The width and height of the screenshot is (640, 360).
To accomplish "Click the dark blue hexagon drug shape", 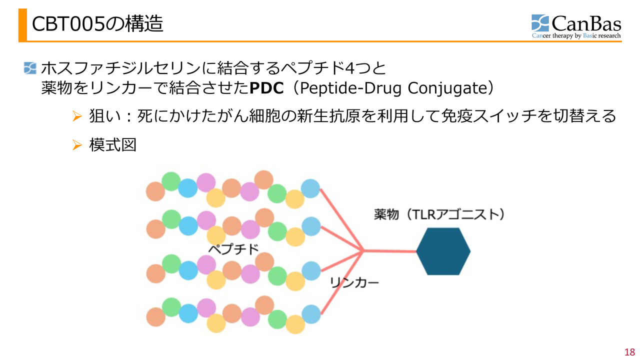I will tap(443, 251).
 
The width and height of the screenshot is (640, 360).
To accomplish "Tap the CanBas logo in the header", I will tap(576, 26).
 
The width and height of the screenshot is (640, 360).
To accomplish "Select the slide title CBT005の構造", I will tap(97, 24).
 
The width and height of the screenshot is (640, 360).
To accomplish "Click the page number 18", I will tap(629, 351).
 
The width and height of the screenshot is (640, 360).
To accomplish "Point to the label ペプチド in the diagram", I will tap(233, 248).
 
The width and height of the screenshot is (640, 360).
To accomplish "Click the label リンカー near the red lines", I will tap(354, 283).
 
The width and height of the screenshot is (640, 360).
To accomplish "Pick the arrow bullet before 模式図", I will tap(76, 145).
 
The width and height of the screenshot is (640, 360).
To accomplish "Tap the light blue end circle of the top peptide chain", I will tap(310, 188).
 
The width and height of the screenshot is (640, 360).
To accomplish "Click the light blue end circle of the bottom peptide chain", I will tap(311, 314).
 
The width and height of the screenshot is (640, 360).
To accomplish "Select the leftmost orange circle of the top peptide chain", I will tap(155, 191).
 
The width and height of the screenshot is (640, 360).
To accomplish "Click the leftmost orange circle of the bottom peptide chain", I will tap(155, 316).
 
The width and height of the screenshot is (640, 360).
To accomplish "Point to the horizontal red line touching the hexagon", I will tap(390, 251).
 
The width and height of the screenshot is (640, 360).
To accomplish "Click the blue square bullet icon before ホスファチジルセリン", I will tap(30, 67).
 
